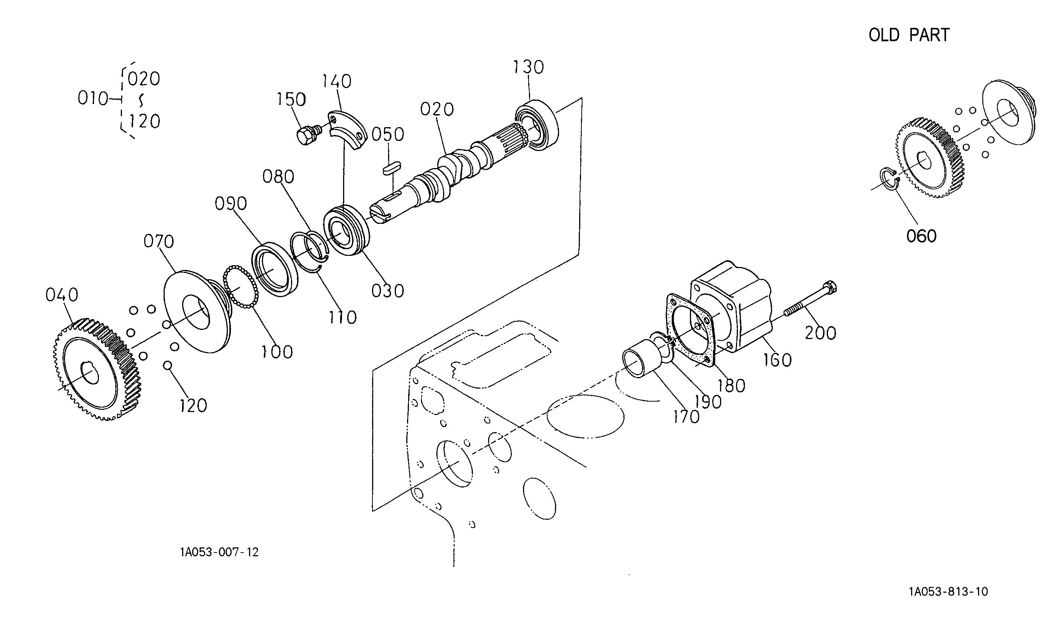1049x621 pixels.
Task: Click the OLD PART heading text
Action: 909,35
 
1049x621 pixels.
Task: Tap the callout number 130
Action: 528,67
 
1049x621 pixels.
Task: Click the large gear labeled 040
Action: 97,369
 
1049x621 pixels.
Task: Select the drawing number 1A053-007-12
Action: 220,552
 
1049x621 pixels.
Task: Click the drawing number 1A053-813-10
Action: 949,592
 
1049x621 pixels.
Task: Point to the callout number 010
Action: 93,99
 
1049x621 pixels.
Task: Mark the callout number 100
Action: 277,352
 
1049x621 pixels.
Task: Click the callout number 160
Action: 778,360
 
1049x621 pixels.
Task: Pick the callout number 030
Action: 388,291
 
